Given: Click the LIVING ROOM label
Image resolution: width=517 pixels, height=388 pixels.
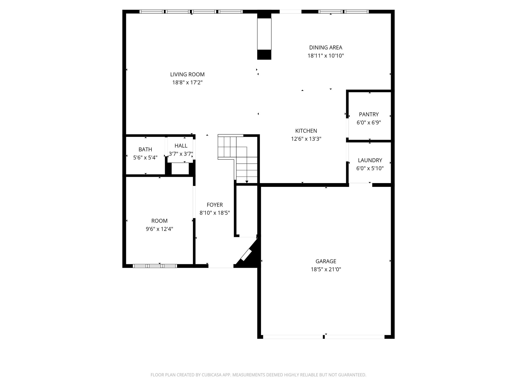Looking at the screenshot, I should (187, 74).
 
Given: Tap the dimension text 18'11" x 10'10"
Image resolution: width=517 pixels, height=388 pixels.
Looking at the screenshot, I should (326, 56).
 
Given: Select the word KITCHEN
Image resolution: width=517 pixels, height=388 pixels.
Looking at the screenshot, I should (306, 131).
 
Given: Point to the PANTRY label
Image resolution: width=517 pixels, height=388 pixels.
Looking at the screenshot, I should (369, 114).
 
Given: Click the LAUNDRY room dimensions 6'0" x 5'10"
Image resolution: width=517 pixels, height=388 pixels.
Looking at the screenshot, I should (370, 168).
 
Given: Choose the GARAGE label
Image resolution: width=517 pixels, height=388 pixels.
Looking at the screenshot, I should (326, 261).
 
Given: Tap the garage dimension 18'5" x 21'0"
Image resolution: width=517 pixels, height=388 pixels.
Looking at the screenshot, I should (326, 269).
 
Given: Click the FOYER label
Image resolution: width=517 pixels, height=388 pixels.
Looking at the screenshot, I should (215, 205).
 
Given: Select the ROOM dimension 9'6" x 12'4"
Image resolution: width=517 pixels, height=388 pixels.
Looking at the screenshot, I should (159, 229).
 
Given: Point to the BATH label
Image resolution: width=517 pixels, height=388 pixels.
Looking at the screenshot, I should (145, 149).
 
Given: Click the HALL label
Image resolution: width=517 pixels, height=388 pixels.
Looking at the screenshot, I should (181, 145).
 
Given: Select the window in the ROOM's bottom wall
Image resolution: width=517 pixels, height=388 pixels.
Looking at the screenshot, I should (155, 266).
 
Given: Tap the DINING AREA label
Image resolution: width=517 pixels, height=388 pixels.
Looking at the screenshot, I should (326, 47).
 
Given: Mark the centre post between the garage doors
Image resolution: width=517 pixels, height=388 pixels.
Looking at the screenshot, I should (323, 336).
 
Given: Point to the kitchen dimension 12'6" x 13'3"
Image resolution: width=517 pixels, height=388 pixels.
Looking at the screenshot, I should (306, 139).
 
